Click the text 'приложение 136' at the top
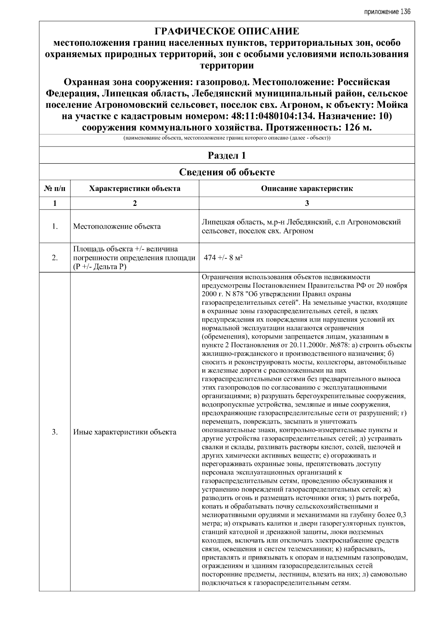pos(387,12)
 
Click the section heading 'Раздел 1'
pos(227,156)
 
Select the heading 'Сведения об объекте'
pos(227,172)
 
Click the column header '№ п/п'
pos(55,189)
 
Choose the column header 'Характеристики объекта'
pos(135,189)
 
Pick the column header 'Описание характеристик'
pos(307,189)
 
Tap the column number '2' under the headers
pos(135,204)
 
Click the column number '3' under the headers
pos(307,204)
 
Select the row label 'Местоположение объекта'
pos(117,226)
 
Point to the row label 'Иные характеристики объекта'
pos(125,432)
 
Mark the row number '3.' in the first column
pos(55,432)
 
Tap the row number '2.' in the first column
pos(55,258)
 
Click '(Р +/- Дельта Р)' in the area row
pos(99,267)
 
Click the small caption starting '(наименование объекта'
pos(227,138)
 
